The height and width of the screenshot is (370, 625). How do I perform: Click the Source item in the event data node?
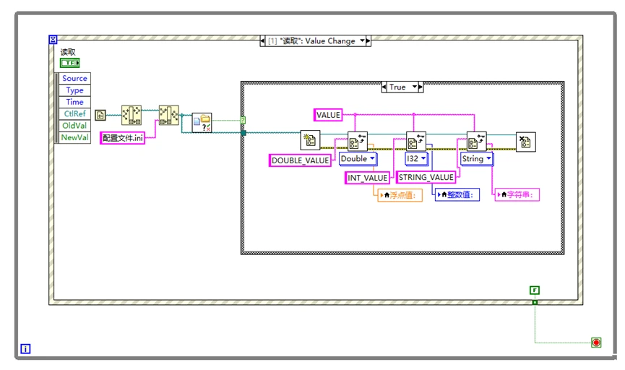tap(74, 78)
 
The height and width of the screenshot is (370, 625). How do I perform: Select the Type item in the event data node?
tap(74, 90)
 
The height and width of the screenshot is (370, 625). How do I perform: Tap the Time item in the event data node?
tap(74, 102)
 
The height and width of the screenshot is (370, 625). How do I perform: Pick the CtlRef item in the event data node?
tap(74, 113)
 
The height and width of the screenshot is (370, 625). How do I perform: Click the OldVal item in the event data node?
tap(74, 125)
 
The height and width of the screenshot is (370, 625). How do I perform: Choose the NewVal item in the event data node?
tap(74, 137)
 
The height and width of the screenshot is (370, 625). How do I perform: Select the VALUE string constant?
tap(327, 114)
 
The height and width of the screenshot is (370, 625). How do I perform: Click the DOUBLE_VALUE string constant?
tap(301, 160)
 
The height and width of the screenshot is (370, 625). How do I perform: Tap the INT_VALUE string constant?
tap(367, 178)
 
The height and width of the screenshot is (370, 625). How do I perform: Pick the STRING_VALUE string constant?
tap(426, 177)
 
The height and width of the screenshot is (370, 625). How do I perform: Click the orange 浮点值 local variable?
tap(399, 194)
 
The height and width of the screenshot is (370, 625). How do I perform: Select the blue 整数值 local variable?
tap(457, 194)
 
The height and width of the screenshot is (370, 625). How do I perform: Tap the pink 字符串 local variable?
tap(517, 194)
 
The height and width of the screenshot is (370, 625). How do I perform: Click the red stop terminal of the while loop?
tap(596, 343)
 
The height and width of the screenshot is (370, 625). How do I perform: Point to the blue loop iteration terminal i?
tap(26, 349)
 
